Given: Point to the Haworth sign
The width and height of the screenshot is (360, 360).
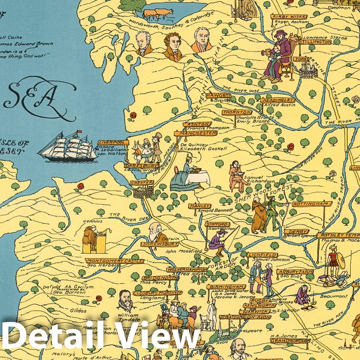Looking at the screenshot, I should pos(219,96).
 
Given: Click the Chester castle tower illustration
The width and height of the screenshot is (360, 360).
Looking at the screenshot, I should pos(142,192).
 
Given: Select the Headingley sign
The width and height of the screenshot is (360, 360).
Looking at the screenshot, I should pos(278,100).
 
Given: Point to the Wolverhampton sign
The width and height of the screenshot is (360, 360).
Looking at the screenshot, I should pos(187,269).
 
